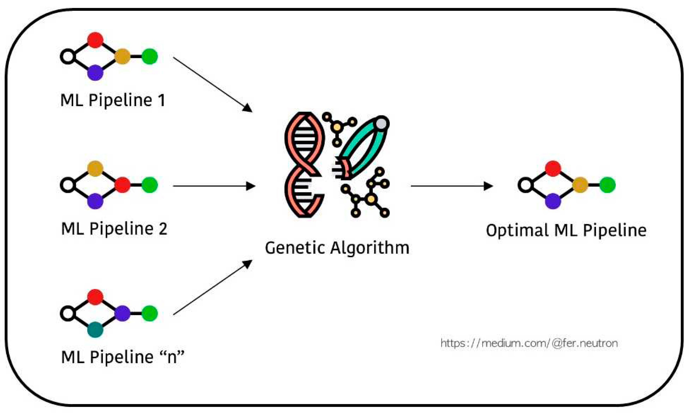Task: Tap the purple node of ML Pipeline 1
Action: pos(95,73)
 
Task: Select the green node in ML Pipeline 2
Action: pos(150,185)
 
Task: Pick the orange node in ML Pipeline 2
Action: pos(95,168)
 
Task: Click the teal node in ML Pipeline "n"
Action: pos(95,330)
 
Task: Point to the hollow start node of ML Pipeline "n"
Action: pos(68,313)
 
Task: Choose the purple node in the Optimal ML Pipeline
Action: pos(553,201)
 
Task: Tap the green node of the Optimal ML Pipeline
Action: pos(607,185)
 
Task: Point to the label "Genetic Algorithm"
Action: pos(337,248)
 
